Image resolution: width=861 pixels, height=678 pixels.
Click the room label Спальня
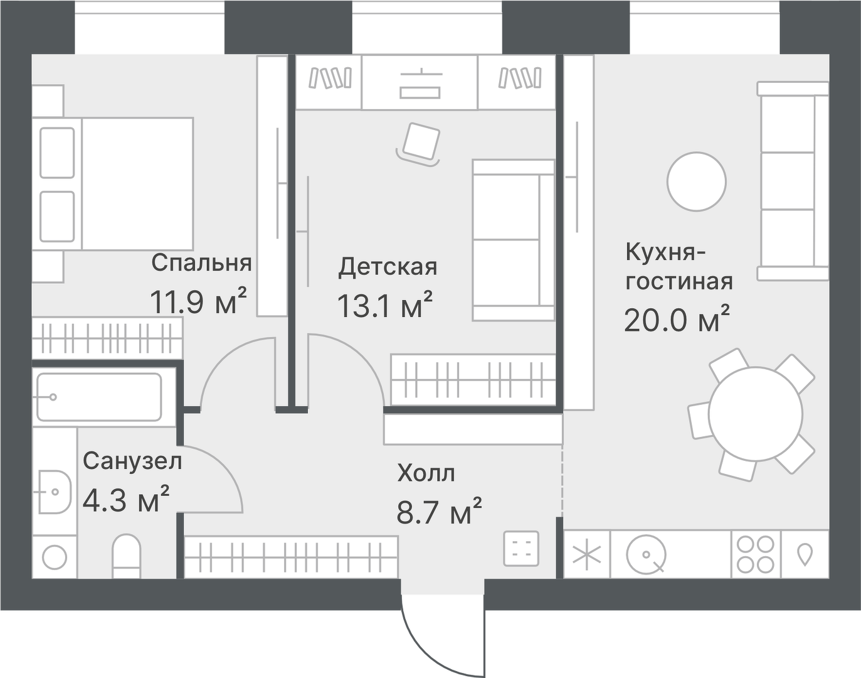click(x=201, y=263)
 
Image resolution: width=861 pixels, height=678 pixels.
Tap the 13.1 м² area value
click(x=384, y=306)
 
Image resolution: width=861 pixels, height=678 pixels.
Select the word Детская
click(x=388, y=267)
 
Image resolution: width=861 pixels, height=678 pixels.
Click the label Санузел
click(x=132, y=461)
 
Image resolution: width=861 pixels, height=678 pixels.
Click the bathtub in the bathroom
click(x=98, y=397)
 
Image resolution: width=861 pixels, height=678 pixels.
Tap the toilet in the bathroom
click(x=127, y=555)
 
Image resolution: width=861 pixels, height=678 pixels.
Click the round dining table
click(x=756, y=413)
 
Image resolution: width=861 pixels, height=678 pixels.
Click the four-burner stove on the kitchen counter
click(x=755, y=554)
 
